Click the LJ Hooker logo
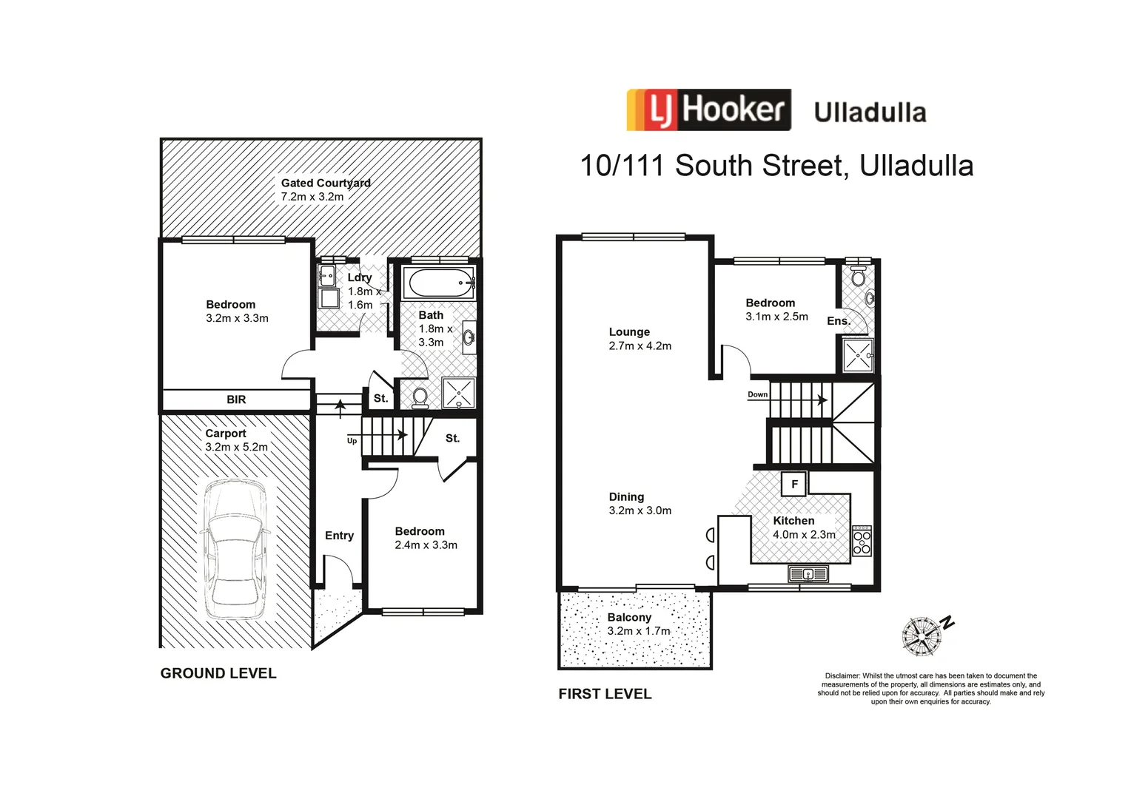tap(708, 110)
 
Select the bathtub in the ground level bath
tap(439, 283)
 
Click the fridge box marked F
tap(794, 485)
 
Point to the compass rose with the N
tap(922, 635)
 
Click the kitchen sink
tap(808, 573)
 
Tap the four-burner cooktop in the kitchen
tap(862, 541)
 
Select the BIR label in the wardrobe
tap(236, 399)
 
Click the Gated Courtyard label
tap(326, 183)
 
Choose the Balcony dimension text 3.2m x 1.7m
tap(638, 631)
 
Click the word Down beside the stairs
tap(757, 394)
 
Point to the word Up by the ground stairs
tap(352, 441)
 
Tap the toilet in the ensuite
tap(859, 277)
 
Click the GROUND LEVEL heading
tap(218, 673)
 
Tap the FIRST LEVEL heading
tap(605, 694)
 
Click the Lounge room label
tap(629, 332)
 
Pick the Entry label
tap(339, 536)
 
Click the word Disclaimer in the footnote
tap(842, 675)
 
